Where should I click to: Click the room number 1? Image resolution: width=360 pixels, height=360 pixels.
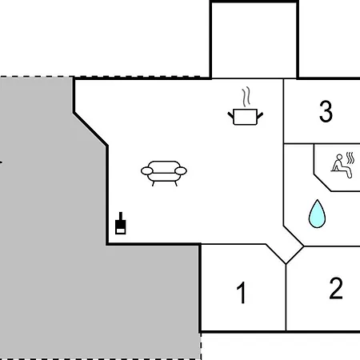[242, 293]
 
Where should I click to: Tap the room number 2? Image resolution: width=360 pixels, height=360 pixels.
[336, 288]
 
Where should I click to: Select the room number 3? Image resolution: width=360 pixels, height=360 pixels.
[326, 111]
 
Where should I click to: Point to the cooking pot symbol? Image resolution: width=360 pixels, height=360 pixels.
[246, 117]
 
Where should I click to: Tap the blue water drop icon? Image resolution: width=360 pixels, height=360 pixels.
[317, 214]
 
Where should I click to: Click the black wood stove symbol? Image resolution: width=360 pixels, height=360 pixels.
[121, 223]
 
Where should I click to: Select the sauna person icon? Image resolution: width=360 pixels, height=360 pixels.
[342, 166]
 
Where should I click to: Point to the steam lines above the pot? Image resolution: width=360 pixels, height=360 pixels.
[246, 97]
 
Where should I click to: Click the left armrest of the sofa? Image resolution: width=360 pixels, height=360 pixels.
[147, 171]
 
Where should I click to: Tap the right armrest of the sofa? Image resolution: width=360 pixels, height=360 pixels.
[181, 171]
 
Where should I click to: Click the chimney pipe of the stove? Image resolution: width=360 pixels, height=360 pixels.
[121, 216]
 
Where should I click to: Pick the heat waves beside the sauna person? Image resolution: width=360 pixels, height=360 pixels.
[350, 158]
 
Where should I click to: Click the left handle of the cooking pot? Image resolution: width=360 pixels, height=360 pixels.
[230, 115]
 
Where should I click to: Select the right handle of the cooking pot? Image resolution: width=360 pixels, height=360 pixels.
[260, 115]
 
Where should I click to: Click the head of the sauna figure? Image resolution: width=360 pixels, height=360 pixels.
[339, 157]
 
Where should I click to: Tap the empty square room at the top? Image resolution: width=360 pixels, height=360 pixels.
[254, 40]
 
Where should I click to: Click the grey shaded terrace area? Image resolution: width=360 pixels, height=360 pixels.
[54, 214]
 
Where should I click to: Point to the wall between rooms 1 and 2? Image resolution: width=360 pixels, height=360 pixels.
[286, 298]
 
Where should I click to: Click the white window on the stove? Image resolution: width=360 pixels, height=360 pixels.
[121, 230]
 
